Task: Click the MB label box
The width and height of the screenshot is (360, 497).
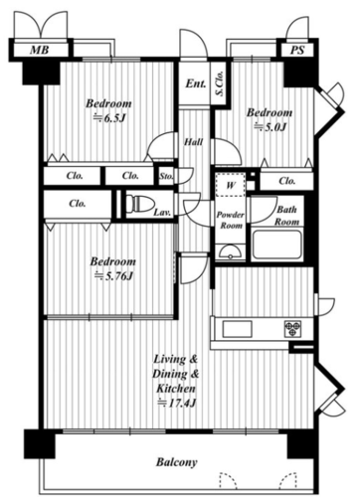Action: click(40, 50)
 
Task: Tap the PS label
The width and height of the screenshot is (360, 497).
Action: click(297, 50)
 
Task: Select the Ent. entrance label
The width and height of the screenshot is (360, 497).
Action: click(195, 83)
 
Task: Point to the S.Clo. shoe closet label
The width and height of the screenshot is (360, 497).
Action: click(220, 83)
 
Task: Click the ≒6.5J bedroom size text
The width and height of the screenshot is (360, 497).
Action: click(109, 118)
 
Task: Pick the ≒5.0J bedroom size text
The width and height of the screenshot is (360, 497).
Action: click(270, 127)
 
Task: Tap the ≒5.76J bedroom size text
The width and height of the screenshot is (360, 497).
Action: click(113, 275)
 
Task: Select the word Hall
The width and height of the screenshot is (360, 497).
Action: click(194, 142)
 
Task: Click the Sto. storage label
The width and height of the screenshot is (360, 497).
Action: click(166, 176)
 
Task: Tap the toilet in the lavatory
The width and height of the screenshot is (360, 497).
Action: click(140, 204)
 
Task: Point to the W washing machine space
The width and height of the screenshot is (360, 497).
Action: click(231, 185)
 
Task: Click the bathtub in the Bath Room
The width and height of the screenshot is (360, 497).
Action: click(276, 245)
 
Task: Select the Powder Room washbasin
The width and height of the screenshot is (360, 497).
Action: click(230, 252)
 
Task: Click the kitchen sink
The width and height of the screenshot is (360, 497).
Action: click(237, 329)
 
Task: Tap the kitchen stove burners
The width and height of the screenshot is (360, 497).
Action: click(292, 329)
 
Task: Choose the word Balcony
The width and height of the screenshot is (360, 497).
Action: click(177, 462)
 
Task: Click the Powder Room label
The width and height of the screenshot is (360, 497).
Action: click(231, 220)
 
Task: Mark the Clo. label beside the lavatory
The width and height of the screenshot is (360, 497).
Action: click(78, 203)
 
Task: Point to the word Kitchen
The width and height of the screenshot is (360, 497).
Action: click(176, 389)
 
